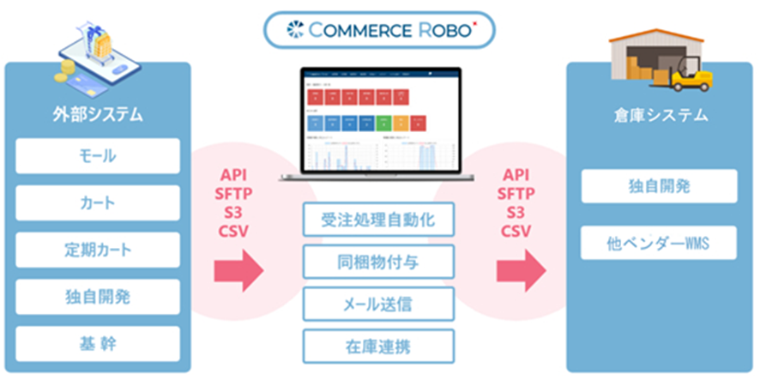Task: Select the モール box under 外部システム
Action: [97, 156]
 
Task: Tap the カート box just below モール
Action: [97, 203]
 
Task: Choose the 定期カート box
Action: [97, 250]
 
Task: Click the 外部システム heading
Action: [97, 114]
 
